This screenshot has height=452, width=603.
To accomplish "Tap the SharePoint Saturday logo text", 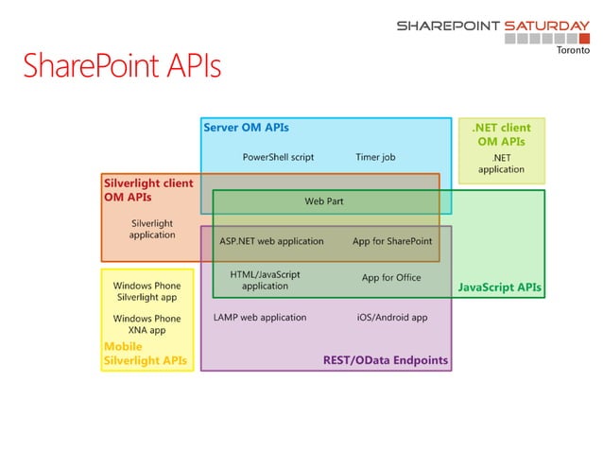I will [x=492, y=26].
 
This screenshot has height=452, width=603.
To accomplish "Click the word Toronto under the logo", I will [x=570, y=51].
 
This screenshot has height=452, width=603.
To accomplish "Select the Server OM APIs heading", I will [x=246, y=127].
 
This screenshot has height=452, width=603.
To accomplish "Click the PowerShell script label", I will [x=278, y=157].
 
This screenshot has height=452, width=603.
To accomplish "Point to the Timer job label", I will [x=375, y=157].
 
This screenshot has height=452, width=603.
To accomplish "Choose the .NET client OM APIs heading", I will [x=501, y=134].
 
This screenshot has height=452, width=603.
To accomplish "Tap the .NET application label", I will [x=501, y=164].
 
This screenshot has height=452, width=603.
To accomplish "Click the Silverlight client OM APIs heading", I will [x=147, y=190].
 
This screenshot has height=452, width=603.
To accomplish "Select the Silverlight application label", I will [x=152, y=229].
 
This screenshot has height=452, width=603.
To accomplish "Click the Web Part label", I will [x=323, y=201].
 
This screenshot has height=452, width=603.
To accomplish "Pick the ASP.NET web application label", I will [x=271, y=241].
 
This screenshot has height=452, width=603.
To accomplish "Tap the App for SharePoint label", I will [x=392, y=241].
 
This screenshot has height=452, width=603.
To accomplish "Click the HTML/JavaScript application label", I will [x=266, y=280].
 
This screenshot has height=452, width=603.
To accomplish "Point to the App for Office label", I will [x=391, y=278].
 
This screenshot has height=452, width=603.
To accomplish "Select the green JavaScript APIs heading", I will [x=500, y=286].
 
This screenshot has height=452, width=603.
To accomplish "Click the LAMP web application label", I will [x=260, y=318].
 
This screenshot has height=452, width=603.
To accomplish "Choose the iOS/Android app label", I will [x=392, y=318].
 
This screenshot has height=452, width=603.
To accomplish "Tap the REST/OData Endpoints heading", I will [x=386, y=360].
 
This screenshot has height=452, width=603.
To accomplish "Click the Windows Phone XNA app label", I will [x=146, y=324].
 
